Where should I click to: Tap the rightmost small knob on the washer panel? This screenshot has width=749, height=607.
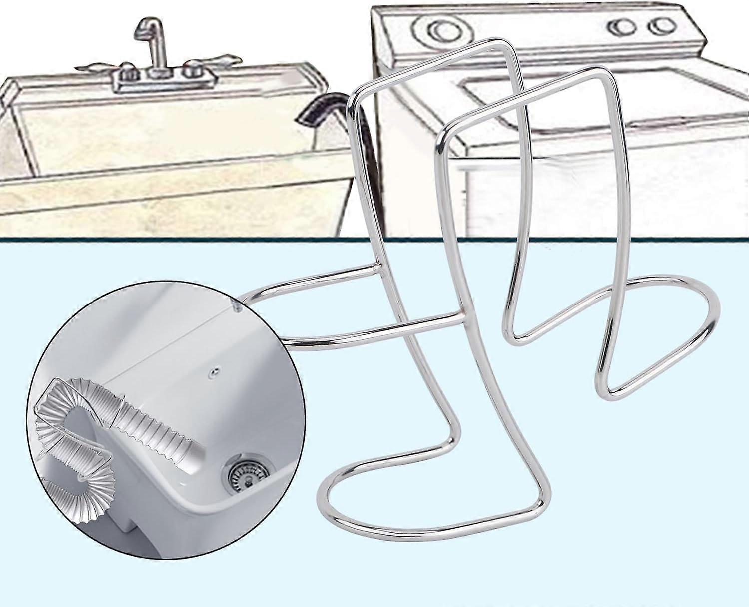tap(662, 26)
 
